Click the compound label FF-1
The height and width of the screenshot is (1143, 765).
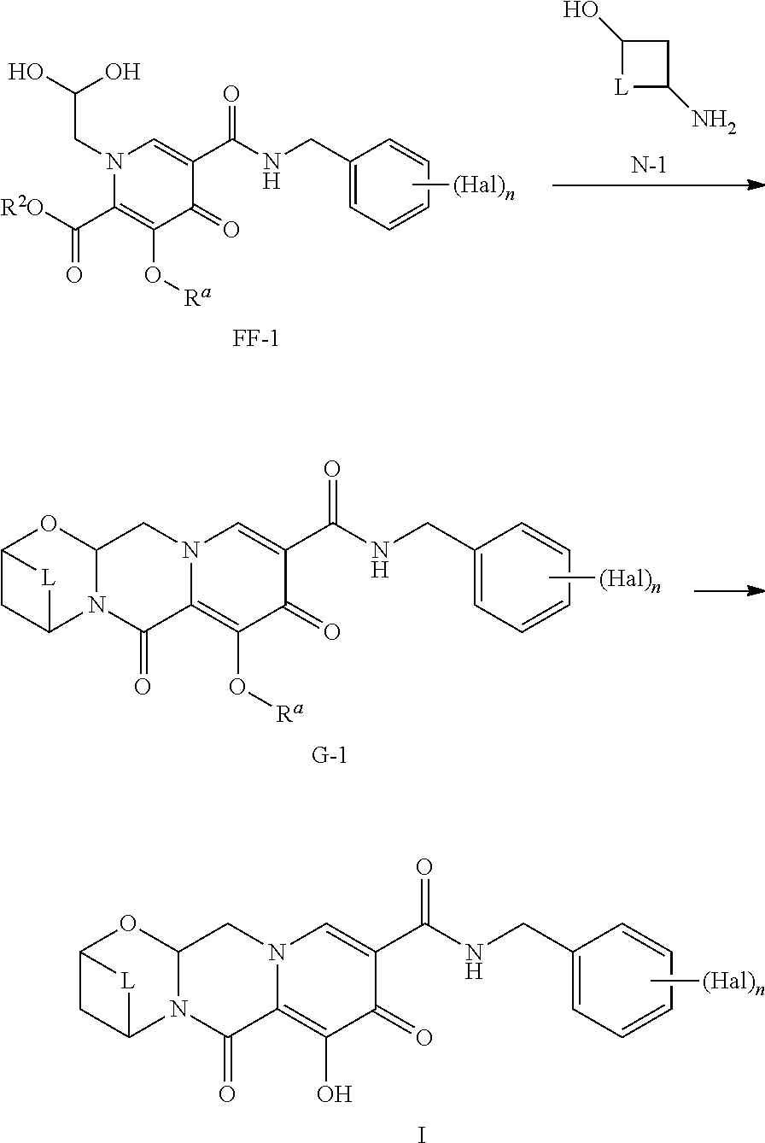(255, 338)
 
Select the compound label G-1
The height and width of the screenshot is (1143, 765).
(330, 754)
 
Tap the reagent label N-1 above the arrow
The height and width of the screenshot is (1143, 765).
(648, 166)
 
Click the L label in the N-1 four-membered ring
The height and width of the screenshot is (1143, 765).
(620, 88)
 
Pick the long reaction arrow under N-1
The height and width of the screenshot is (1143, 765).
(658, 185)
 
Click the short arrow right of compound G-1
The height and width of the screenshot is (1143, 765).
(729, 591)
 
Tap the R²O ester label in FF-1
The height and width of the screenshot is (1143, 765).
(21, 208)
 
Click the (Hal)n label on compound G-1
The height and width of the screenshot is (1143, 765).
(629, 580)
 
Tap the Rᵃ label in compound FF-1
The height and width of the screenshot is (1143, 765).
(197, 296)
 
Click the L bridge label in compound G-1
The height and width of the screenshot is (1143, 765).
(48, 578)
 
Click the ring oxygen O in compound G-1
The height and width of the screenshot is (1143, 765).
(48, 524)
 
